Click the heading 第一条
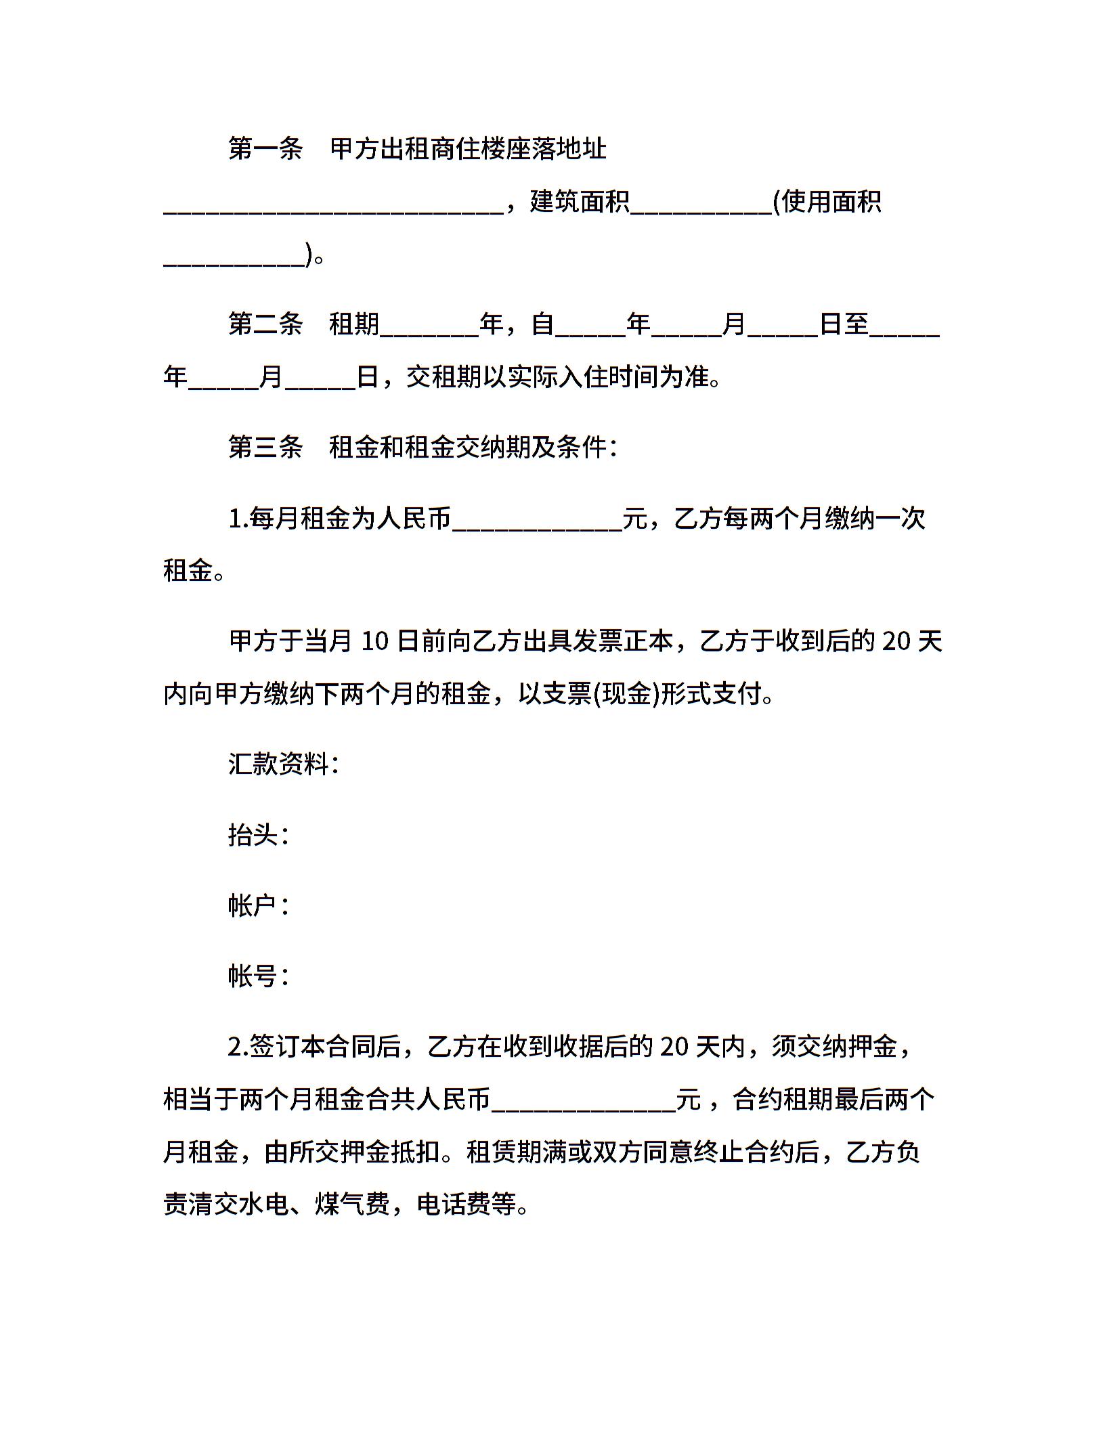click(265, 149)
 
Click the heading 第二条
click(265, 324)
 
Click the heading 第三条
click(265, 448)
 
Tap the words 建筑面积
click(580, 202)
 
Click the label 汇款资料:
click(284, 764)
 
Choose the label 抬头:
click(259, 836)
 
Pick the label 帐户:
click(259, 906)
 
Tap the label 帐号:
click(259, 976)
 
